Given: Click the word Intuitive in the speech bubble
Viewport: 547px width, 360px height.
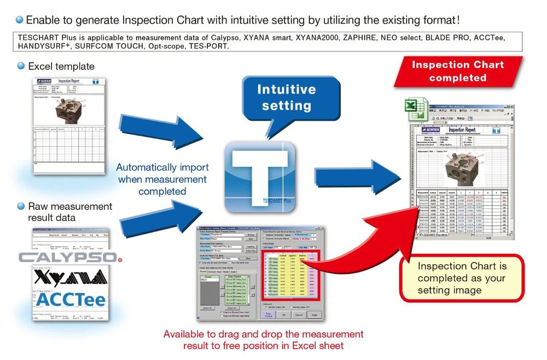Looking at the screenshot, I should (x=286, y=90).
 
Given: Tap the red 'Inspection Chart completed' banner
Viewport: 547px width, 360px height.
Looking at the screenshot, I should (x=457, y=71).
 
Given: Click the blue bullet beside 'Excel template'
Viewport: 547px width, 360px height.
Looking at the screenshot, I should (x=21, y=66).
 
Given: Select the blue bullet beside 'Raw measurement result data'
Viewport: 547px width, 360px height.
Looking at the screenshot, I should (x=21, y=206).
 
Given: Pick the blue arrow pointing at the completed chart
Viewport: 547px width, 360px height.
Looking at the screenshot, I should (x=361, y=176).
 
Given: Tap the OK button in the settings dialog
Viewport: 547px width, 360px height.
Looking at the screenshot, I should (x=283, y=315).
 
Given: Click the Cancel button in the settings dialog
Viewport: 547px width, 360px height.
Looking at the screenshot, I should (x=299, y=315).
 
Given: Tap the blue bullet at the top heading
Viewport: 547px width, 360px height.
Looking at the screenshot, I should (x=20, y=20).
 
